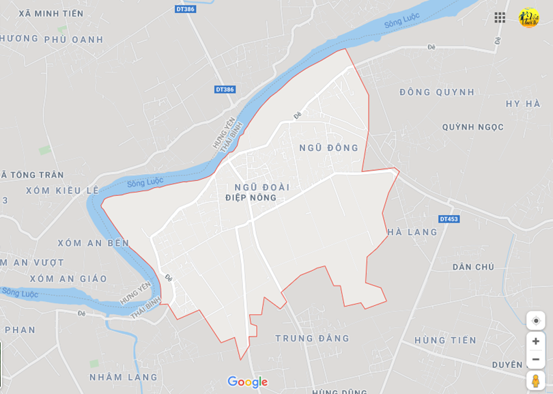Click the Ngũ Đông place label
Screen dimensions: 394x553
coord(328,147)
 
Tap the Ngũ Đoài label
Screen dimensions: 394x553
coord(261,186)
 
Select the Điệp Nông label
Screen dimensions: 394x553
coord(251,198)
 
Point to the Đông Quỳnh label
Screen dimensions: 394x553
coord(437,92)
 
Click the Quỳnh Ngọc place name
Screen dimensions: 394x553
coord(472,127)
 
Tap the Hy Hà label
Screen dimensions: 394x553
coord(523,104)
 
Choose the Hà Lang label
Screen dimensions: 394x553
coord(412,232)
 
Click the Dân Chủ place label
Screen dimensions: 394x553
coord(473,267)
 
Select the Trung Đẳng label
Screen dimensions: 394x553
coord(312,338)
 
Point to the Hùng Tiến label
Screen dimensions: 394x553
coord(445,340)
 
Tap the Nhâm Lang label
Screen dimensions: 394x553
coord(123,377)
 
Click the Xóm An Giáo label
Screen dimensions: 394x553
coord(68,279)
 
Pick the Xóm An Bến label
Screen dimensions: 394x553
coord(93,243)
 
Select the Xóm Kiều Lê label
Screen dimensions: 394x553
coord(62,191)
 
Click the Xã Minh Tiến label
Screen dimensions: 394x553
coord(51,14)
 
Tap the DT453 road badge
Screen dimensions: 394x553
coord(449,219)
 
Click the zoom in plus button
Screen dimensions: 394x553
coord(536,341)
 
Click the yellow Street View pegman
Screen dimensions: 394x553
coord(536,380)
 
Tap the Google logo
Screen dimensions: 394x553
coord(247,382)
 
